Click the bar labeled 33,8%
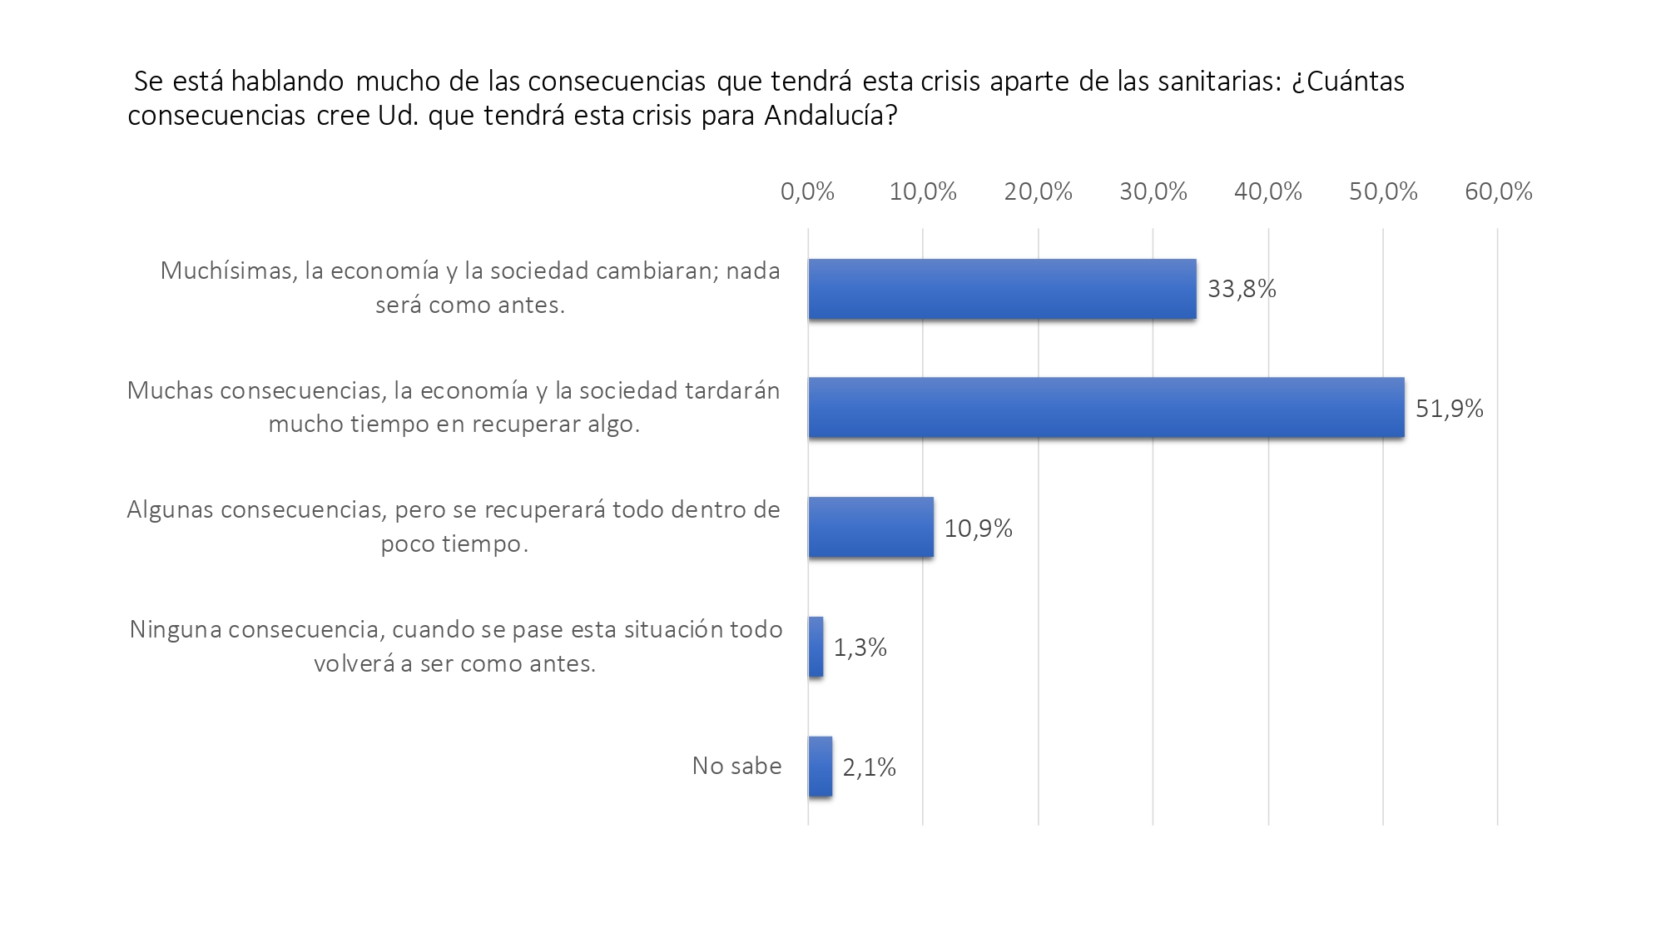click(1002, 289)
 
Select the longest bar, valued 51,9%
click(1106, 408)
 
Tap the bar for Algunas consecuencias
click(870, 528)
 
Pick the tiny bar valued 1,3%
click(816, 647)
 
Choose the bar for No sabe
click(820, 767)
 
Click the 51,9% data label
click(1450, 409)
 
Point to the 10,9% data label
click(978, 529)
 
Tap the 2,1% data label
click(869, 767)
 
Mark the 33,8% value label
click(1242, 289)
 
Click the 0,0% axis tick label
click(807, 192)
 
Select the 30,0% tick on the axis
click(1153, 192)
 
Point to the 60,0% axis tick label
click(1498, 192)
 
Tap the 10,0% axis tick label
click(923, 192)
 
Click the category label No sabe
click(736, 766)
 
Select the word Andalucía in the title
click(831, 116)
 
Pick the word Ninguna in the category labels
click(175, 630)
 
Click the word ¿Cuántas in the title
click(1348, 82)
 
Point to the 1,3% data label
click(860, 648)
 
